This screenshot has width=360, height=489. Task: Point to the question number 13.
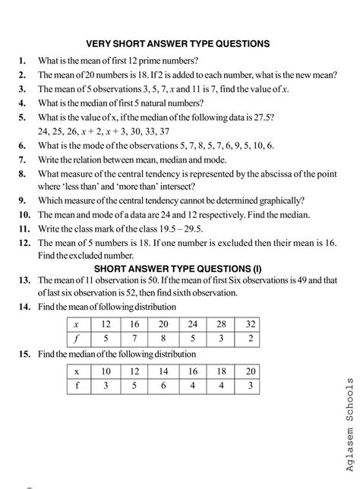pos(23,282)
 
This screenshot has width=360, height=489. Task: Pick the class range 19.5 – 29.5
pos(199,229)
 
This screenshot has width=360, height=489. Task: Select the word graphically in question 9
pos(277,201)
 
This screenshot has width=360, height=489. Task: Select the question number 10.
pos(23,215)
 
